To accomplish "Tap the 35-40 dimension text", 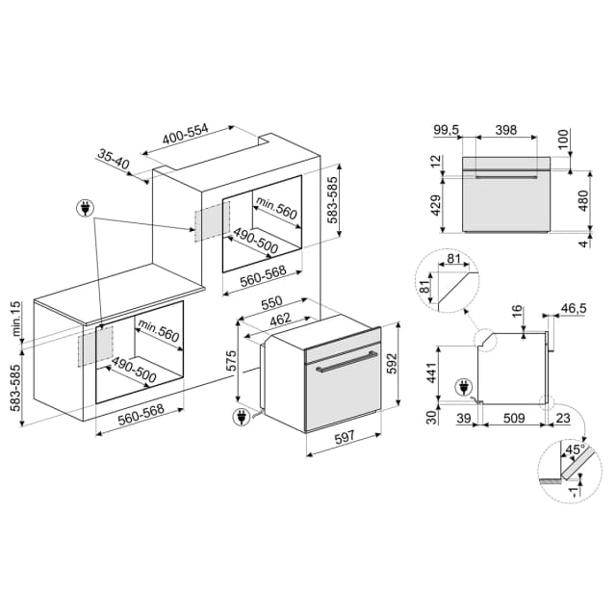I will [x=113, y=161].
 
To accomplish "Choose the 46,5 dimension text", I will [x=574, y=308].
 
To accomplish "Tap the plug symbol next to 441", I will [x=468, y=388].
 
